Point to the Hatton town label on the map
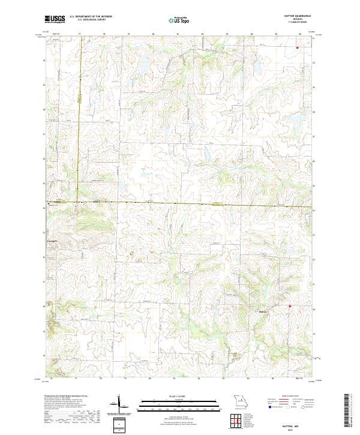pyautogui.click(x=262, y=311)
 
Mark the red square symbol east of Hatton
pyautogui.click(x=289, y=307)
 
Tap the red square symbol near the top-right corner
pyautogui.click(x=297, y=46)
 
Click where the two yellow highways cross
pyautogui.click(x=78, y=202)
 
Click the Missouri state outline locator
pyautogui.click(x=240, y=400)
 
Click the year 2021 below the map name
pyautogui.click(x=295, y=428)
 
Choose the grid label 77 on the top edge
pyautogui.click(x=79, y=35)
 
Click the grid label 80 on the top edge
pyautogui.click(x=154, y=35)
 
